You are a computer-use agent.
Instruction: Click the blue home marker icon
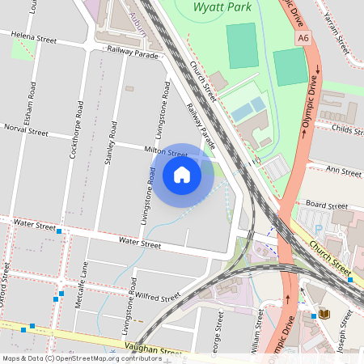coord(182,175)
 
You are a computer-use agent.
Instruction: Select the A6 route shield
coord(303,37)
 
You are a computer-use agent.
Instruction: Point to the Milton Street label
coord(165,152)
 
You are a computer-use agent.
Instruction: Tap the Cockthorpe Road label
coord(77,129)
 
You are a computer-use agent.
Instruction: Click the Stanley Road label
coord(112,143)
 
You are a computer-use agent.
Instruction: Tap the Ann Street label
coord(342,171)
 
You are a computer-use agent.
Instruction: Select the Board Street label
coord(326,205)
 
